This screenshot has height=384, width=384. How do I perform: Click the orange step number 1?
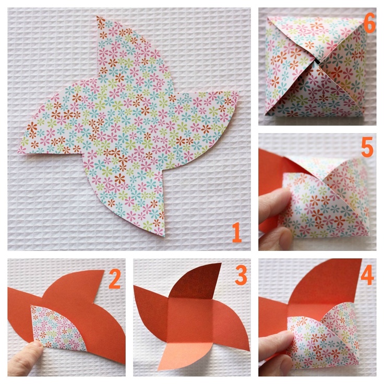point(236,232)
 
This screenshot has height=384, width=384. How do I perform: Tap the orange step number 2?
point(115,279)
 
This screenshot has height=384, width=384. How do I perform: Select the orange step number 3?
point(241,275)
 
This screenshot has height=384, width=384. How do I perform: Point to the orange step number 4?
point(367,275)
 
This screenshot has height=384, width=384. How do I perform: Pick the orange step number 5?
point(367,147)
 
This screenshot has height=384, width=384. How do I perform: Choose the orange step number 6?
point(369,23)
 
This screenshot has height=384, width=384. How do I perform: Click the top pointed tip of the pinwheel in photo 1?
point(98,16)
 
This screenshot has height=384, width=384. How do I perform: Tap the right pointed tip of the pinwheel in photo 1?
point(238,92)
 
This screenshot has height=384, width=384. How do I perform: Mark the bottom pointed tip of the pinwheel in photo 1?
point(164,236)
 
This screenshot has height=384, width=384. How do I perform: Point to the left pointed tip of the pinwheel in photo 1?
point(18,152)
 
